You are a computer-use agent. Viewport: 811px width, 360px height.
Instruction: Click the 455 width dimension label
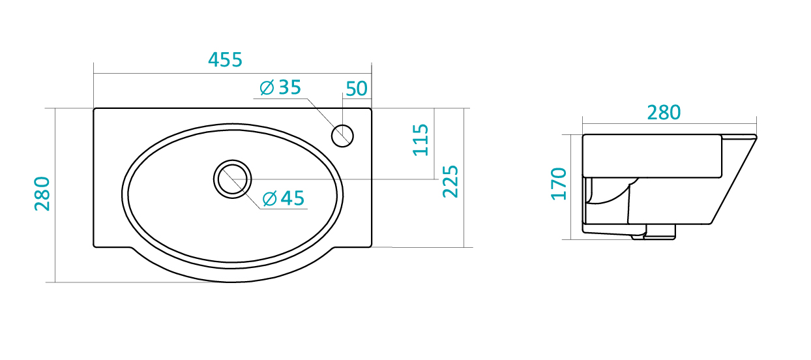coord(225,60)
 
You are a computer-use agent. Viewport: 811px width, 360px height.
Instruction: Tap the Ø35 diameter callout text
coord(280,87)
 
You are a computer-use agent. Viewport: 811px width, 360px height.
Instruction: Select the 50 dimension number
coord(357,89)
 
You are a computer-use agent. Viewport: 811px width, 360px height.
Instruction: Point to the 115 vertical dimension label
coord(420,140)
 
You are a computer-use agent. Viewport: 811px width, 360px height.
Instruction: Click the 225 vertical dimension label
coord(450,181)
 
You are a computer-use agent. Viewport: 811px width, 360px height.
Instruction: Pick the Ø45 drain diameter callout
coord(283,198)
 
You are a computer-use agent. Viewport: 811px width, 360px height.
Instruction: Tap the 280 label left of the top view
coord(42,194)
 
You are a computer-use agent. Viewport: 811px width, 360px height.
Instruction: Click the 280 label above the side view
coord(664,113)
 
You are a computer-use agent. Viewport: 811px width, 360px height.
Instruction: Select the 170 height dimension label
coord(559,184)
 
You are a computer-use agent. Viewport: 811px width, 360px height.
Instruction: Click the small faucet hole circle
coord(342,136)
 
